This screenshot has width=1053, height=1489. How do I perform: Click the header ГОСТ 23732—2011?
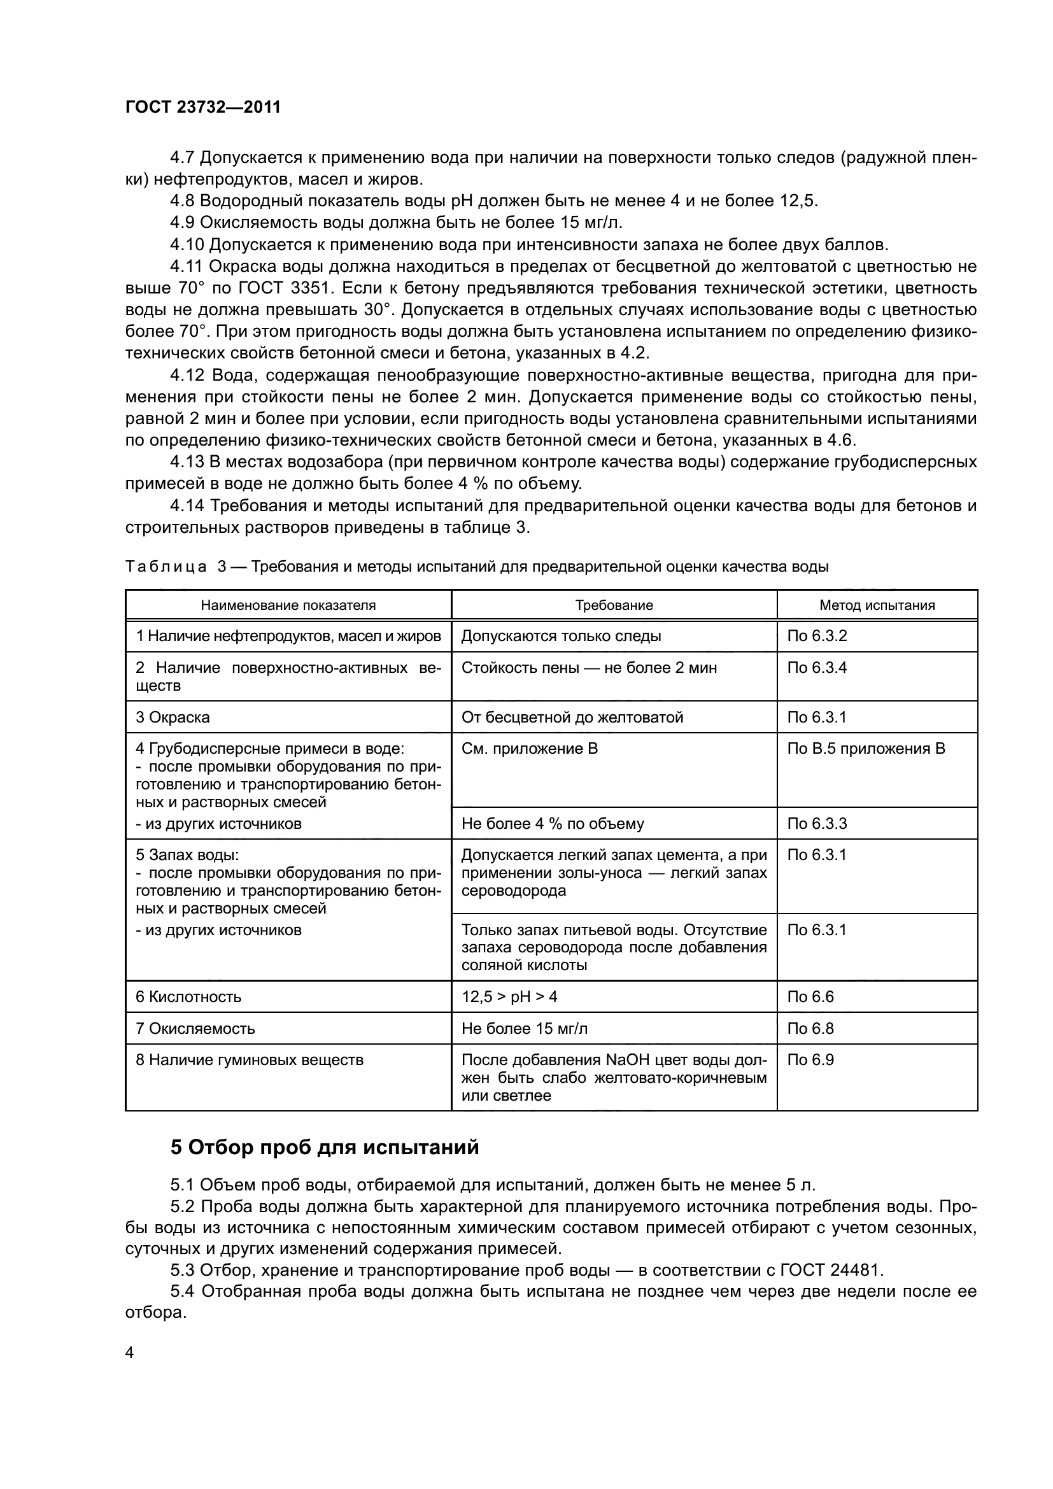pyautogui.click(x=203, y=108)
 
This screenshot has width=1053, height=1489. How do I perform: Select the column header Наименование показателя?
pyautogui.click(x=288, y=605)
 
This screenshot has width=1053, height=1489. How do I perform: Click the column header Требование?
pyautogui.click(x=613, y=605)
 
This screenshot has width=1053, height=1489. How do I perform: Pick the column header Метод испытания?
pyautogui.click(x=877, y=605)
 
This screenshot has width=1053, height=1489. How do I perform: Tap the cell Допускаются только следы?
pyautogui.click(x=561, y=635)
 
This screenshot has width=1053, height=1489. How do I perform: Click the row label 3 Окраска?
pyautogui.click(x=173, y=717)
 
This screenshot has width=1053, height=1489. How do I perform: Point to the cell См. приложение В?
pyautogui.click(x=529, y=749)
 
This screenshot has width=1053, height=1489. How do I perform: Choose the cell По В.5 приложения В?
pyautogui.click(x=866, y=749)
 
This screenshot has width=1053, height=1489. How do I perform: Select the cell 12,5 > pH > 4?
pyautogui.click(x=509, y=996)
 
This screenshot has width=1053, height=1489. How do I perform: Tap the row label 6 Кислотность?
pyautogui.click(x=188, y=996)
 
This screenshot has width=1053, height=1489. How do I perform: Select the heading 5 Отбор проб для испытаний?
pyautogui.click(x=324, y=1147)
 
